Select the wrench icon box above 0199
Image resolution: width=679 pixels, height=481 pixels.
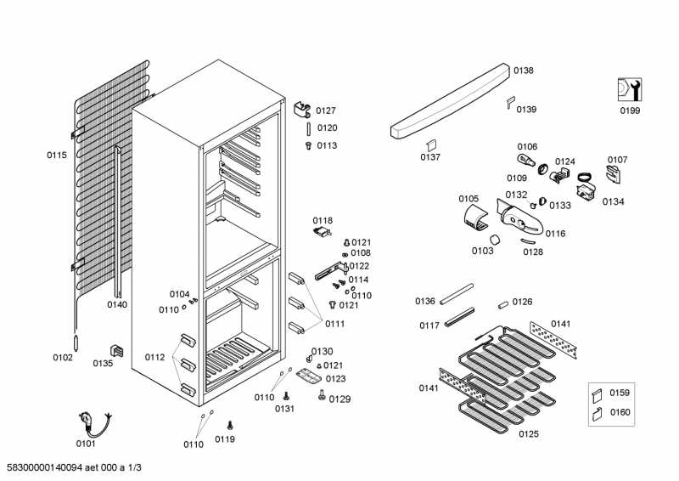coord(629,89)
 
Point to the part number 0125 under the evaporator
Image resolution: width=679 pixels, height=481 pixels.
coord(529,434)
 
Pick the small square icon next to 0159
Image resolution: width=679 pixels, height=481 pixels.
coord(597,393)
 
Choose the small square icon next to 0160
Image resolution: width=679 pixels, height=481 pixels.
coord(597,414)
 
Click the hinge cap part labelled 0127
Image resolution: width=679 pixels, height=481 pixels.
coord(302,110)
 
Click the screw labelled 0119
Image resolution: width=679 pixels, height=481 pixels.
coord(230,424)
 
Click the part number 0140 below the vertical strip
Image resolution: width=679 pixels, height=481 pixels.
coord(117,304)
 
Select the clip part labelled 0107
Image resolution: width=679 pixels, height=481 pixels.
coord(614,173)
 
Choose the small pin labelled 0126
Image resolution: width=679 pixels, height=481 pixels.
coord(502,303)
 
